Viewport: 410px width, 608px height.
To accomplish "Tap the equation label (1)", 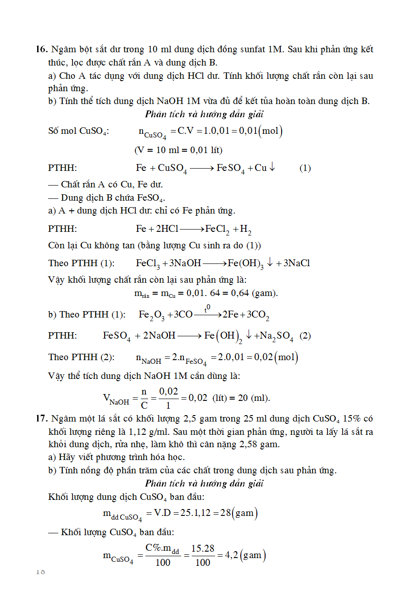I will pos(305,168).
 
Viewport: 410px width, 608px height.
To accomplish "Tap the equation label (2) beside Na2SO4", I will pos(305,336).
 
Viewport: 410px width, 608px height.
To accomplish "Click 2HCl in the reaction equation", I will pos(167,229).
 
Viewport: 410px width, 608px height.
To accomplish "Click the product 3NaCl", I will pos(296,263).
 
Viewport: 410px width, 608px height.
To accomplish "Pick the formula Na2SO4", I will pos(277,336).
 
